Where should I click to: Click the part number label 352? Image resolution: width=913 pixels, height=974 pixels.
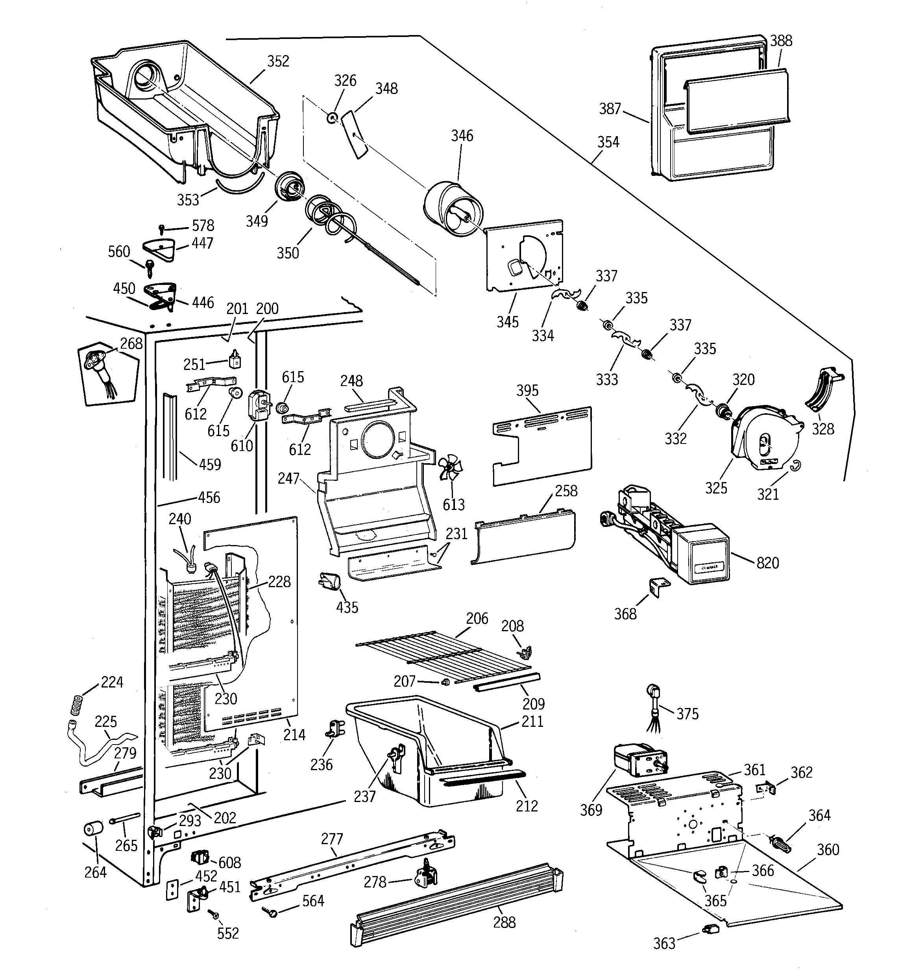pos(278,61)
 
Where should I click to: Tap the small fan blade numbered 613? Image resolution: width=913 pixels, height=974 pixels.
pos(450,469)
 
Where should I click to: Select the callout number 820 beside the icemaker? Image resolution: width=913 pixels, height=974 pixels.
pos(767,563)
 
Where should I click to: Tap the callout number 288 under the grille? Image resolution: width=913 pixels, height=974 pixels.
pos(504,922)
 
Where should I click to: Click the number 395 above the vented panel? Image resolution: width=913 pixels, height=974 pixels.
pos(527,390)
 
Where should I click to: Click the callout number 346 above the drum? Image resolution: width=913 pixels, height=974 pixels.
pos(462,136)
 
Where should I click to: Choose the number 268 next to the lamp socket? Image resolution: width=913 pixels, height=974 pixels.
pos(131,344)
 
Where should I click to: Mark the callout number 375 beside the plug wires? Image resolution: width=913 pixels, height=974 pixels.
pos(687,714)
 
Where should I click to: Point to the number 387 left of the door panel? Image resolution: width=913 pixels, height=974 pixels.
pos(610,109)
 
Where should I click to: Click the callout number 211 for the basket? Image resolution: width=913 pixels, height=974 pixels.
pos(532,722)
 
